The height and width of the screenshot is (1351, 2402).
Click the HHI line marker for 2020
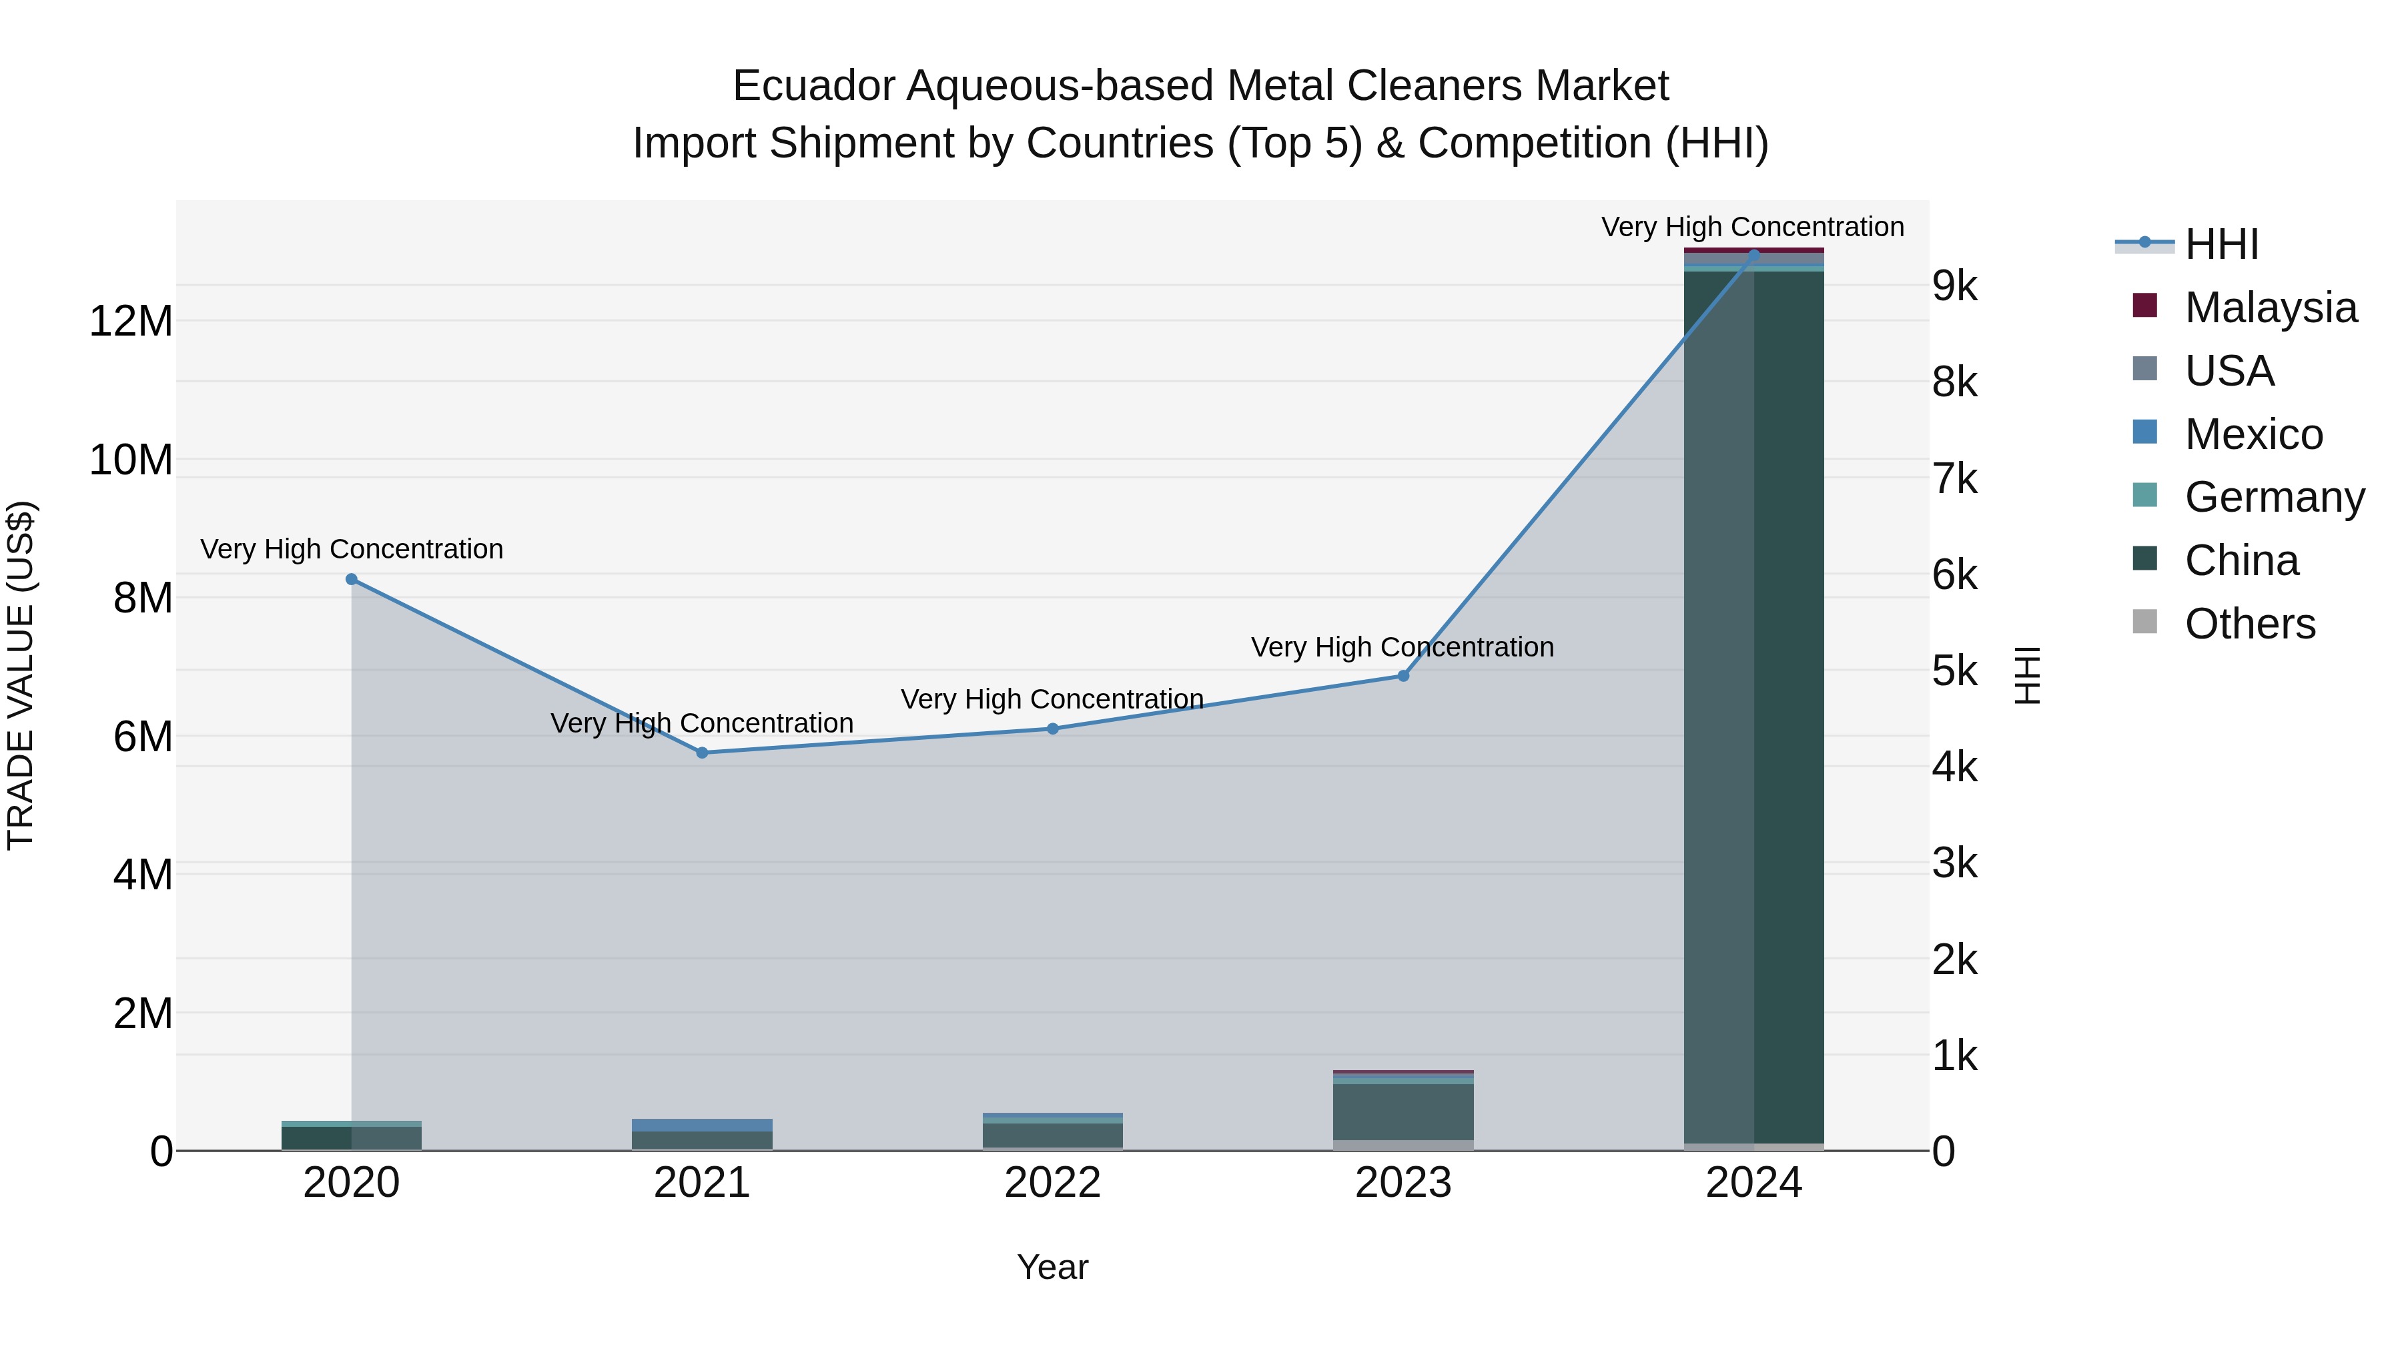(x=352, y=579)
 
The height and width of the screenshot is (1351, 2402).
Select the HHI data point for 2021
(x=702, y=753)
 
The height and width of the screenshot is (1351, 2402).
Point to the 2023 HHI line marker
(x=1403, y=676)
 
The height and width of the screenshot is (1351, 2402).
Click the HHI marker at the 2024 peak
(x=1754, y=255)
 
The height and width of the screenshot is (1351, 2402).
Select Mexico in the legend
(x=2253, y=434)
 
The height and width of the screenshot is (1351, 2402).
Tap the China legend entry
(x=2241, y=560)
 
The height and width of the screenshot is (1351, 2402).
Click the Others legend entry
(x=2249, y=624)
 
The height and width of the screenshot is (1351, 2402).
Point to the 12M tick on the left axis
(x=131, y=322)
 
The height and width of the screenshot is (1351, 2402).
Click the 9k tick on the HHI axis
(x=1954, y=286)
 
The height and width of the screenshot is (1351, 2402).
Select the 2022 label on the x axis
(x=1053, y=1183)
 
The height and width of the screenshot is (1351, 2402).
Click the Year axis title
(x=1053, y=1267)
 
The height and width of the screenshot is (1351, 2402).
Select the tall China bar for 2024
(x=1754, y=709)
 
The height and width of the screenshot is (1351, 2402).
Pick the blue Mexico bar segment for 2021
(x=702, y=1125)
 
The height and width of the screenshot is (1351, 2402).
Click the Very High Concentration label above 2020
(x=352, y=549)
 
